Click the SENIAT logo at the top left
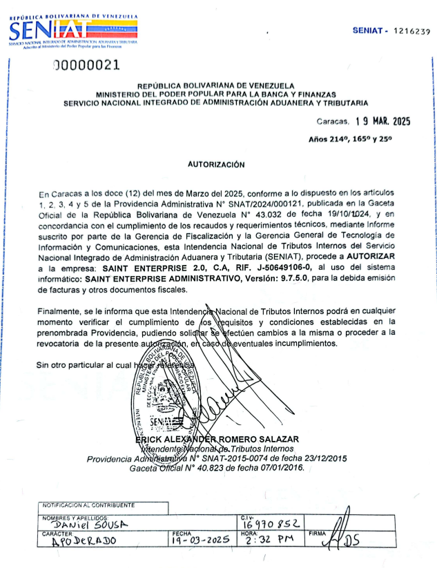tap(72, 29)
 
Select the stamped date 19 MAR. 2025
tap(382, 121)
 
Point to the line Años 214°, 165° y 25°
tap(360, 139)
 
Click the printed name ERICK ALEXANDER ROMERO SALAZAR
tap(217, 440)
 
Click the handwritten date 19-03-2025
tap(201, 542)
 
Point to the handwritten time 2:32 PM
tap(264, 542)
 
